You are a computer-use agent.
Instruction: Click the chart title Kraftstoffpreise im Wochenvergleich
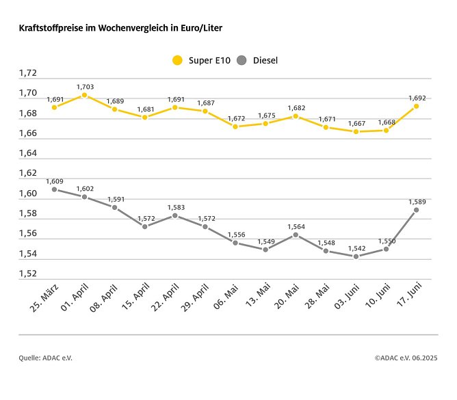(x=120, y=29)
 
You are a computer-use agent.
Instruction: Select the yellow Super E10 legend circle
(x=177, y=60)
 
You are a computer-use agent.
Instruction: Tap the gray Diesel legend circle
(x=241, y=60)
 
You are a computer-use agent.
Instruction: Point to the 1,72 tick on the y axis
(x=28, y=73)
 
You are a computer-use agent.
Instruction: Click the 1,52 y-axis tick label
(x=28, y=274)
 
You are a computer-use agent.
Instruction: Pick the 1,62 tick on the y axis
(x=28, y=174)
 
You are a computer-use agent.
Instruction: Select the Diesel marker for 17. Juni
(x=416, y=210)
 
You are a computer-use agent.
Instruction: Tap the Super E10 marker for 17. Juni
(x=416, y=106)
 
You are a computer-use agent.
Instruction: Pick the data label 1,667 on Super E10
(x=356, y=123)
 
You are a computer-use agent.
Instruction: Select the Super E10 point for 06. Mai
(x=235, y=126)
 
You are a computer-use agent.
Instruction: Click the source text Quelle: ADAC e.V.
(x=45, y=358)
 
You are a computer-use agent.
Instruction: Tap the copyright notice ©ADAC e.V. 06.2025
(x=406, y=358)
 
